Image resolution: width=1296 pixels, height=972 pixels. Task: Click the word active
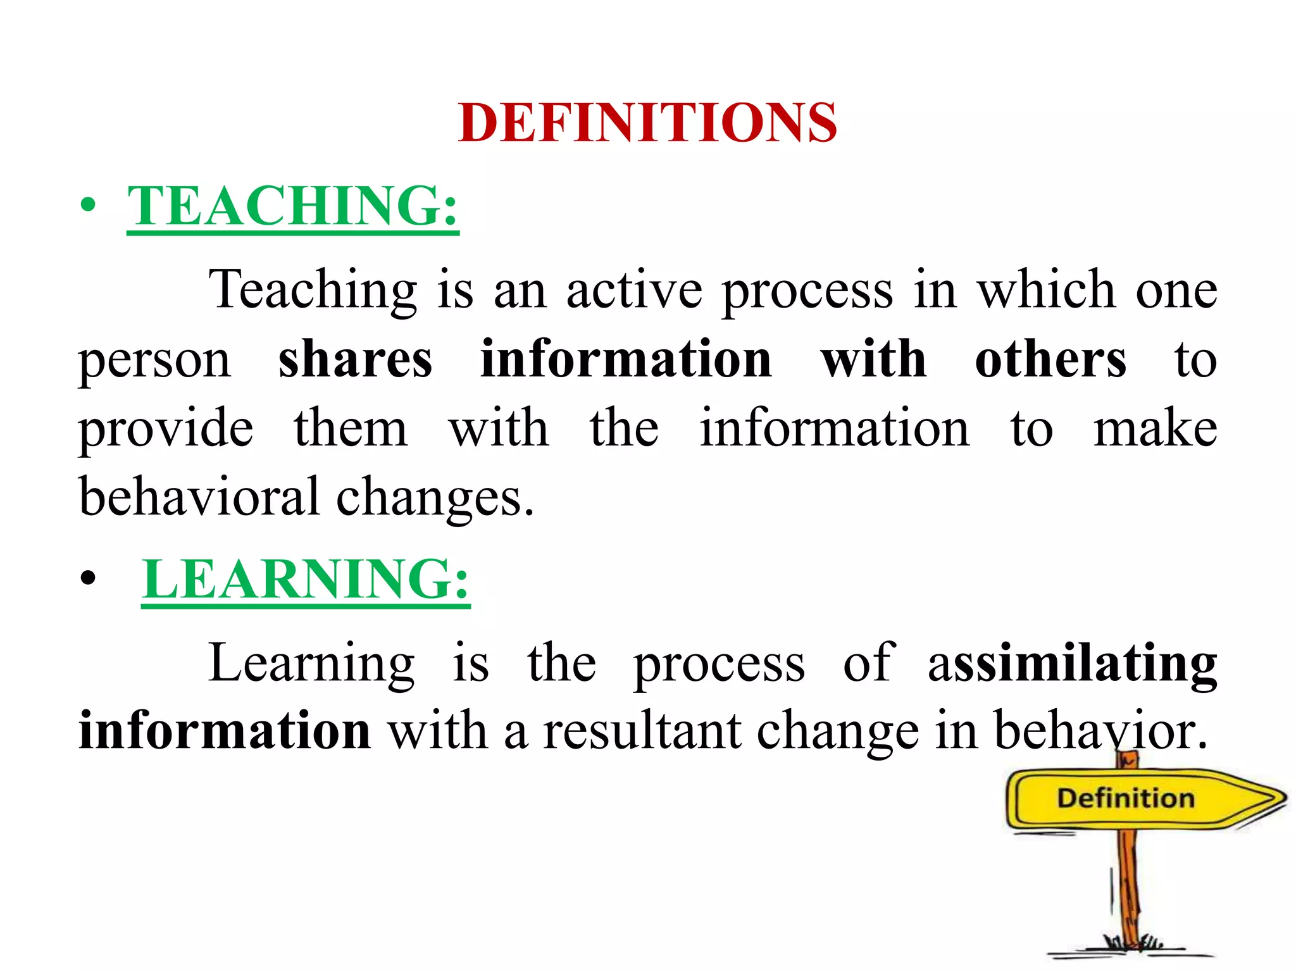[x=634, y=290]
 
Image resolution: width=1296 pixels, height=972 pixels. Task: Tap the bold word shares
[x=355, y=359]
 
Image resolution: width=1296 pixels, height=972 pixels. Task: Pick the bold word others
[x=1050, y=359]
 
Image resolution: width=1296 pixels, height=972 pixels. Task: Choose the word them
[x=351, y=428]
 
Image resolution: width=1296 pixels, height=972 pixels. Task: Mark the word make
[x=1155, y=428]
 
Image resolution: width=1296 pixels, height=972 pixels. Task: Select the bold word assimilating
[x=1073, y=664]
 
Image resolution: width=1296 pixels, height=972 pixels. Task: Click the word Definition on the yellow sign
[x=1126, y=798]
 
